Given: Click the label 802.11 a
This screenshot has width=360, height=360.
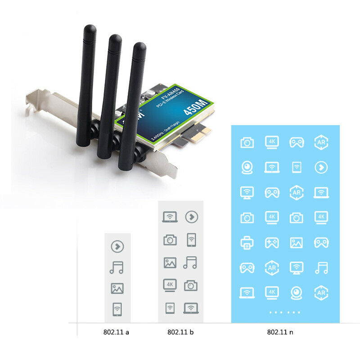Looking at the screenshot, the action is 117,332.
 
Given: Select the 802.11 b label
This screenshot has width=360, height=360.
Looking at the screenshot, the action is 180,332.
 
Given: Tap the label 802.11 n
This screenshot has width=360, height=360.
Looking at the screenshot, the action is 280,332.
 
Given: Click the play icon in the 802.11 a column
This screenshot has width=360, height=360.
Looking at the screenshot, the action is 117,247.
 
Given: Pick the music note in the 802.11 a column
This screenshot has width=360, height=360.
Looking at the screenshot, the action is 117,268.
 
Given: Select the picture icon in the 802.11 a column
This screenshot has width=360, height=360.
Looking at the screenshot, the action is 117,288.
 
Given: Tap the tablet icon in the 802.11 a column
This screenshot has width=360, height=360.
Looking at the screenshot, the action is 117,309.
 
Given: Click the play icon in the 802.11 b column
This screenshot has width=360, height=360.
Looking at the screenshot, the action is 192,216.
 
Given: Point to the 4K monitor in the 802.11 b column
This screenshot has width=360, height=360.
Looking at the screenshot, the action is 170,285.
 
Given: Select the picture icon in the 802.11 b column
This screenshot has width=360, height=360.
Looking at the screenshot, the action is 170,263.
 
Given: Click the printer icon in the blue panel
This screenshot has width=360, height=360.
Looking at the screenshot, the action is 247,243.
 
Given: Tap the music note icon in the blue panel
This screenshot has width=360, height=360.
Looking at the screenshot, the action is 321,268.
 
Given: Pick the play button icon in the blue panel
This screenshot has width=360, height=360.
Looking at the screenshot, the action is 321,168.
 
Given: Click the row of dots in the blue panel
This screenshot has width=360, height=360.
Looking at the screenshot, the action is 284,312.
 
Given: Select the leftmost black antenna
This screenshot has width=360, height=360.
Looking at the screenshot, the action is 86,85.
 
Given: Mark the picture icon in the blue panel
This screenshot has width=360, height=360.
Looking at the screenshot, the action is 296,243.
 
